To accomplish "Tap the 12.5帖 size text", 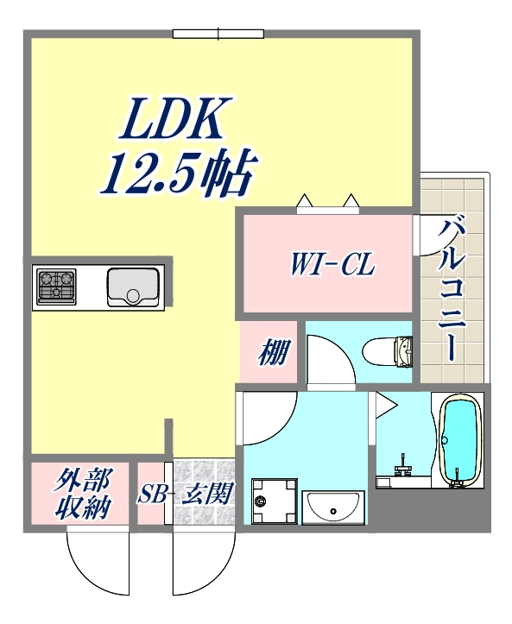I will pos(176,174).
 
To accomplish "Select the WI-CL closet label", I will pos(332,264).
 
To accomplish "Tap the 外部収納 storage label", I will pos(84,495).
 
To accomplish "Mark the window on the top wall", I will pos(218,34).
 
